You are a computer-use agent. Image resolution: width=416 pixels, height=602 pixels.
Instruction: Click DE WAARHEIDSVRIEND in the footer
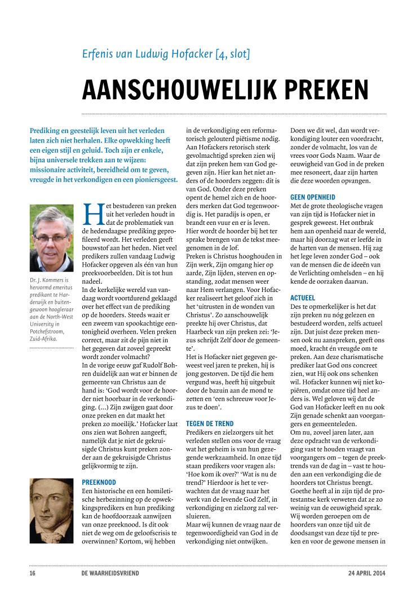click(x=111, y=574)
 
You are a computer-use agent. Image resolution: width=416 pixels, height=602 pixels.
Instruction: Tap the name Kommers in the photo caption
click(x=52, y=280)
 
